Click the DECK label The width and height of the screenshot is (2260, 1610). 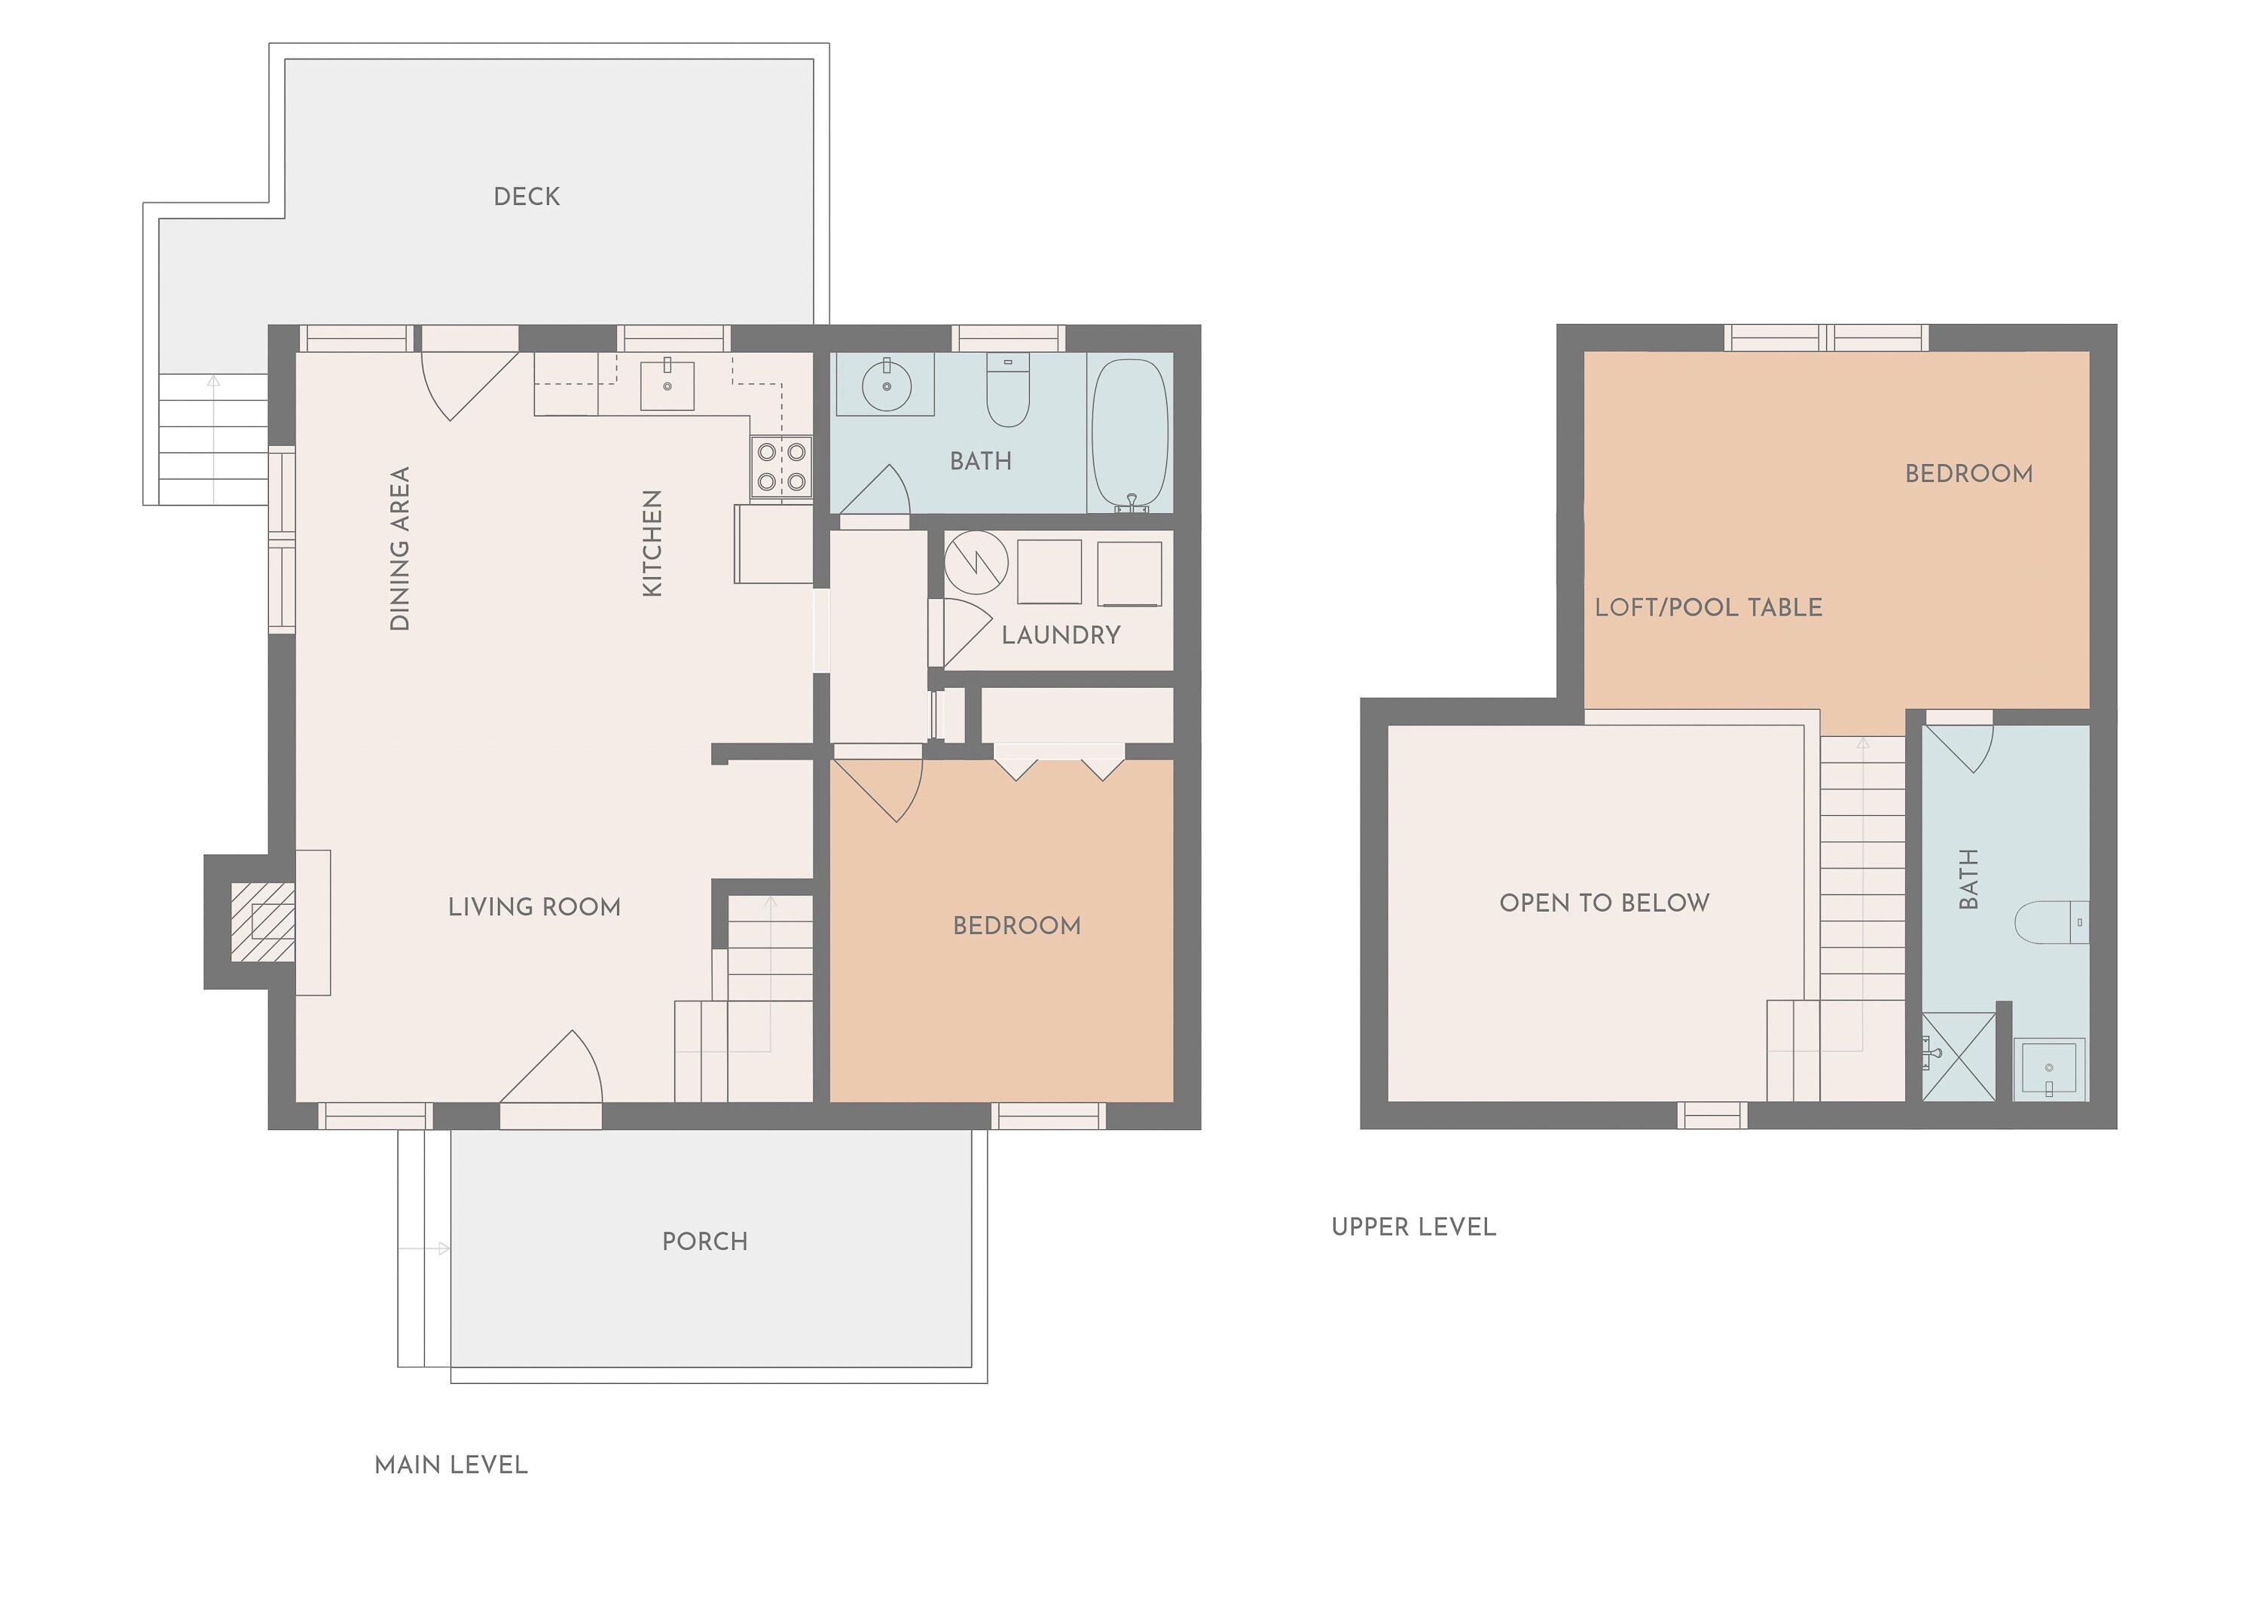[527, 197]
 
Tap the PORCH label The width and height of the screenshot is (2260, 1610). [705, 1241]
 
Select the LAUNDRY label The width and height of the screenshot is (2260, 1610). [1061, 635]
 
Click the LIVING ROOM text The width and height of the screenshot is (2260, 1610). [534, 907]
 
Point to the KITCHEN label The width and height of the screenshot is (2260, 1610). [652, 543]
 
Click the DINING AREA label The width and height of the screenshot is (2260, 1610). [399, 548]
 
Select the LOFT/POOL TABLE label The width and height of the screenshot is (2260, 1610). [1708, 608]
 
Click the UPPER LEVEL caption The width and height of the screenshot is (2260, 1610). [1413, 1227]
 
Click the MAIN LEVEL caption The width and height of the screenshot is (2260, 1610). [451, 1465]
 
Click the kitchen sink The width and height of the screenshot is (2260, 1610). [667, 385]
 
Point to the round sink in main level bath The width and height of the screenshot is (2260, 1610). [885, 386]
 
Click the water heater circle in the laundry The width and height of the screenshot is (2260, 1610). [976, 562]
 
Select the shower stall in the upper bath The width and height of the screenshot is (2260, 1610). [1958, 1057]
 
